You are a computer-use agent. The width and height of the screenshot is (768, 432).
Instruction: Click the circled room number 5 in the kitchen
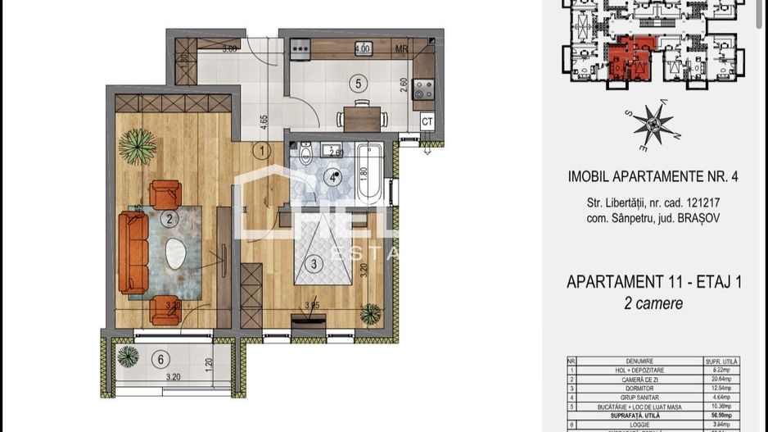356,82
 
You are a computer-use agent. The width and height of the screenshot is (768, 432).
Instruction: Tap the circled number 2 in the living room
169,219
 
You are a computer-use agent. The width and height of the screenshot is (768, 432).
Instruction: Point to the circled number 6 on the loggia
162,358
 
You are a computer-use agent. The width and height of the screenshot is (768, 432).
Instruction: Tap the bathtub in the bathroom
369,171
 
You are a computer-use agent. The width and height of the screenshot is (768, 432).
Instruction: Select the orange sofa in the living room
131,251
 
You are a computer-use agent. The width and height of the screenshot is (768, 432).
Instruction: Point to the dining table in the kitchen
360,116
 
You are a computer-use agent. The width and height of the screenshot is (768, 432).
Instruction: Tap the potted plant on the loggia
128,357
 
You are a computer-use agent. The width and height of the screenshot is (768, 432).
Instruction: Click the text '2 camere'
653,303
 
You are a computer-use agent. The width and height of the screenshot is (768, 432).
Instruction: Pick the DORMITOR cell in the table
637,389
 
